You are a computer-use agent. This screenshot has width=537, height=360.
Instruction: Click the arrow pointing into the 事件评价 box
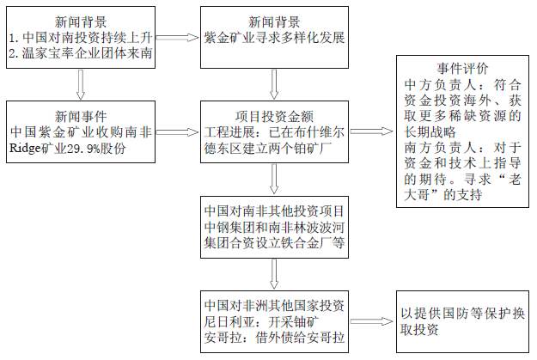(x=370, y=132)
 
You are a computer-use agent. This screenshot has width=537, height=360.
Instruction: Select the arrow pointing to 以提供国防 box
(x=370, y=321)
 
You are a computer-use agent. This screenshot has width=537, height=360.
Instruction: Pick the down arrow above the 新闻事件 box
(x=80, y=84)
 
